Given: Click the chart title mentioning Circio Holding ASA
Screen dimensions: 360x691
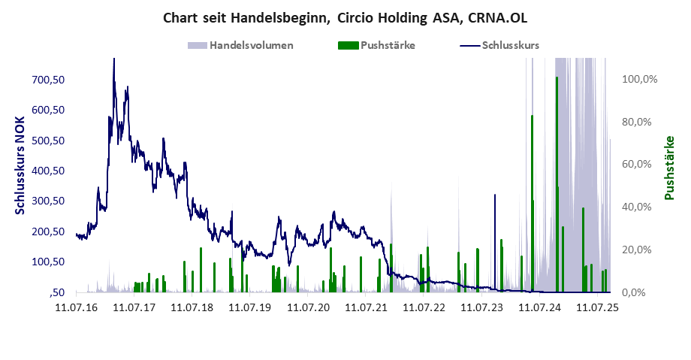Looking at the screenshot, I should click(345, 17).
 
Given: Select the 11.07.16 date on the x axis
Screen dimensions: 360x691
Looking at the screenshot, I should click(76, 307).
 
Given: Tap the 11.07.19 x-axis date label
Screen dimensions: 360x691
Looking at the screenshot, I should click(250, 307).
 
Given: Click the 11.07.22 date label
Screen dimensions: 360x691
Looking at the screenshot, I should click(424, 307).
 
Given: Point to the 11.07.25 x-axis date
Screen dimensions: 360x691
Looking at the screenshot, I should click(597, 307).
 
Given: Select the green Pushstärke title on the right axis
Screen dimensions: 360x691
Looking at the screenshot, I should click(669, 168).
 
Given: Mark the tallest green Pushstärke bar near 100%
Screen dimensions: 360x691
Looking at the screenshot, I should click(557, 184).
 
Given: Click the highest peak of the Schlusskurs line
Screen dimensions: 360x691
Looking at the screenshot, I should click(114, 60).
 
